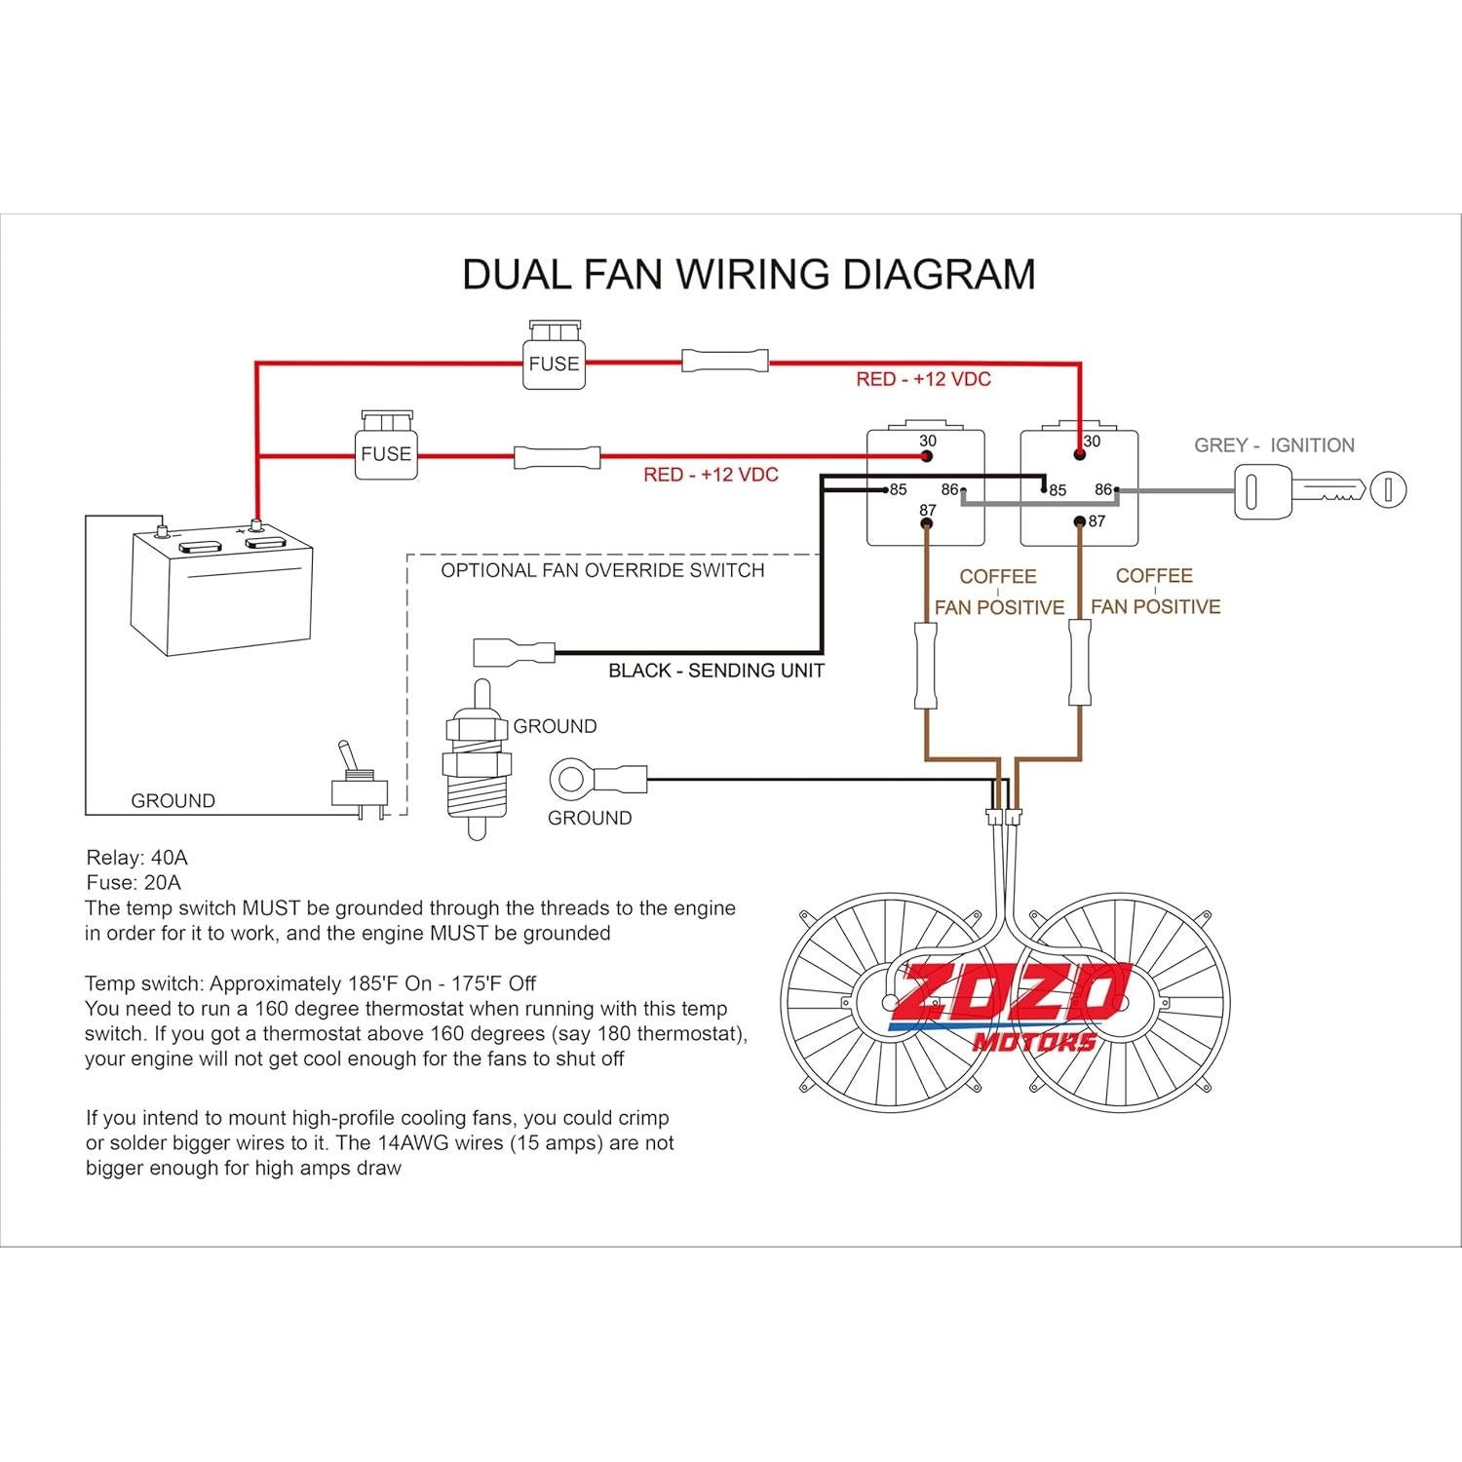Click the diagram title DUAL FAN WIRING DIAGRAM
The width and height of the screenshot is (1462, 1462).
click(749, 275)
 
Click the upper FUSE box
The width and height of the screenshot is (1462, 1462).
click(554, 362)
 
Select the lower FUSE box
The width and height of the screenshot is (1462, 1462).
click(386, 452)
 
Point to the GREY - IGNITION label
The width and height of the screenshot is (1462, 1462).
click(1274, 445)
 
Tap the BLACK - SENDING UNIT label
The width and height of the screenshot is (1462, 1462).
click(716, 671)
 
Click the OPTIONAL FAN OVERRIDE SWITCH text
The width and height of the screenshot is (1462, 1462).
click(602, 570)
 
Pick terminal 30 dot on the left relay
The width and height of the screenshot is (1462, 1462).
click(927, 455)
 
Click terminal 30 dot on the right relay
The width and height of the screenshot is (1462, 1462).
click(1079, 455)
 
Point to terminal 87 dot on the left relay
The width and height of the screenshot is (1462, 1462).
click(926, 524)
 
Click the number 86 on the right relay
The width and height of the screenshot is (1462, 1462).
click(1102, 489)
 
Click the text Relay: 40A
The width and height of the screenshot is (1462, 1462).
click(136, 858)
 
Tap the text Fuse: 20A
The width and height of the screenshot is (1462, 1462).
click(134, 883)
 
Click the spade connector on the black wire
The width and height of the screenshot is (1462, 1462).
click(514, 651)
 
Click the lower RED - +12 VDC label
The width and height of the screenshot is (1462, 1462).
click(711, 475)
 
